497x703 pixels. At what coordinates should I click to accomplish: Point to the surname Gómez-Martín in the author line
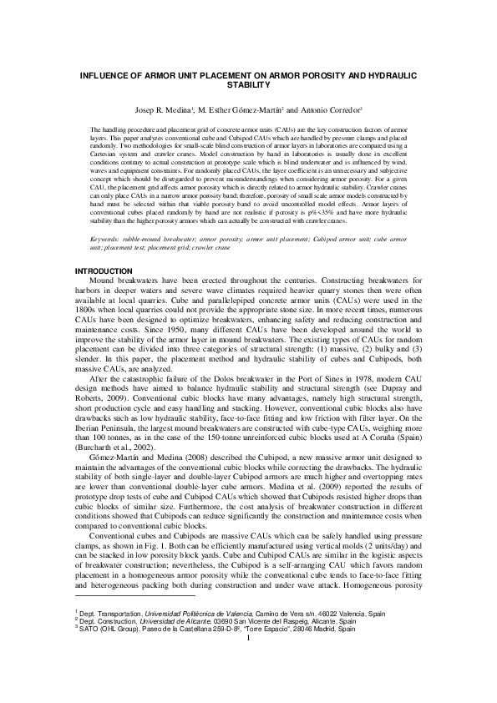point(256,109)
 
